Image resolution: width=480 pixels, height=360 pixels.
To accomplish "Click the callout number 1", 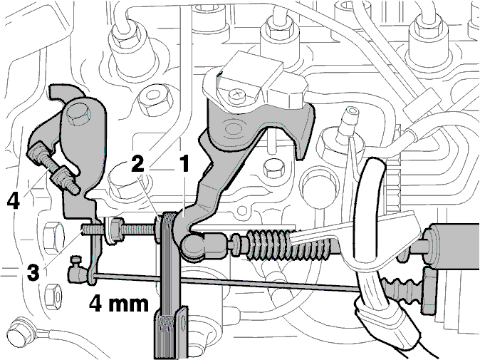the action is coord(184,164).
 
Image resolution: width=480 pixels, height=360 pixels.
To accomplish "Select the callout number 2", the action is coord(137,164).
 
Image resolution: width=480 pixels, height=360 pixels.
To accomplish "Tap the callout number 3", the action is coord(33,273).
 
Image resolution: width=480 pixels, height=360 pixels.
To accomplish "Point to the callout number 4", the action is coord(14,201).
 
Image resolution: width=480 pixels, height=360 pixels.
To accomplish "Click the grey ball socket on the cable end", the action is coord(192,247).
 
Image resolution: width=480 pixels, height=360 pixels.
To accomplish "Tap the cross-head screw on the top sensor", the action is coord(236,95).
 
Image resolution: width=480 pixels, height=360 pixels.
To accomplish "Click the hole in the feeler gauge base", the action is coord(183,324).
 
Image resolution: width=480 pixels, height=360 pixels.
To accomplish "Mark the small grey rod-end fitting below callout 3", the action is coord(76,271).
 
